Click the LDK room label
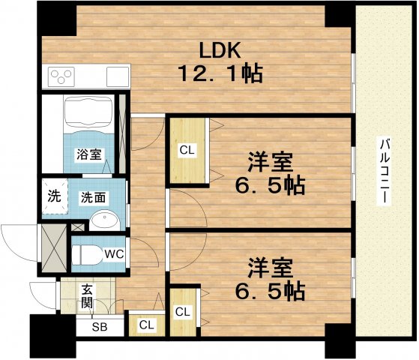(218, 50)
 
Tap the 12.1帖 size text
(219, 75)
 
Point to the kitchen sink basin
(118, 76)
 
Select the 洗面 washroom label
(94, 198)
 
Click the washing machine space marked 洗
(54, 199)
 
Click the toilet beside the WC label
(88, 253)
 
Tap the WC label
(113, 253)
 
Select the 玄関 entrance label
(86, 296)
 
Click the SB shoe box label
(99, 327)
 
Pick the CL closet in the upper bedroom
(187, 149)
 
